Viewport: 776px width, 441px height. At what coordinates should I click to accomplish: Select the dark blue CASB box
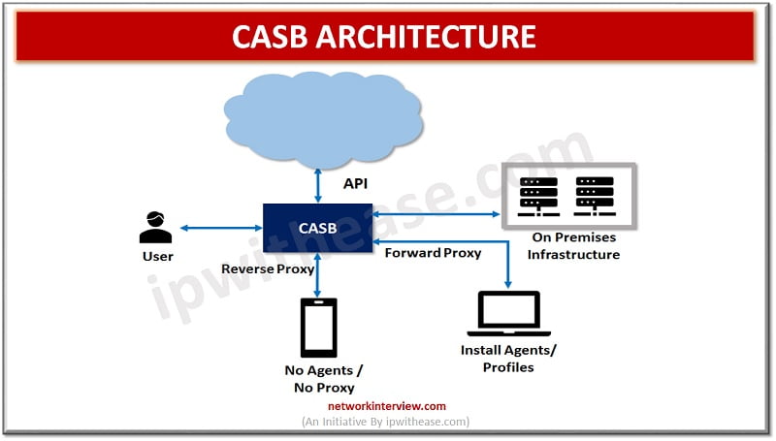click(x=318, y=228)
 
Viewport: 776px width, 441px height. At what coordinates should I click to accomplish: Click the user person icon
click(x=155, y=227)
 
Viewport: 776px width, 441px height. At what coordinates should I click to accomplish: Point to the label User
click(x=157, y=257)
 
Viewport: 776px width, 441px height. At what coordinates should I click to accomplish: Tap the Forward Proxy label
click(x=433, y=253)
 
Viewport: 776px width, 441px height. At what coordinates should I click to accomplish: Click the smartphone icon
click(x=318, y=328)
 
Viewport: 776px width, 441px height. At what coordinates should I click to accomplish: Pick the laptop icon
click(x=509, y=314)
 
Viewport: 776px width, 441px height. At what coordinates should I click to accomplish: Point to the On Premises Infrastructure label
click(x=572, y=246)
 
